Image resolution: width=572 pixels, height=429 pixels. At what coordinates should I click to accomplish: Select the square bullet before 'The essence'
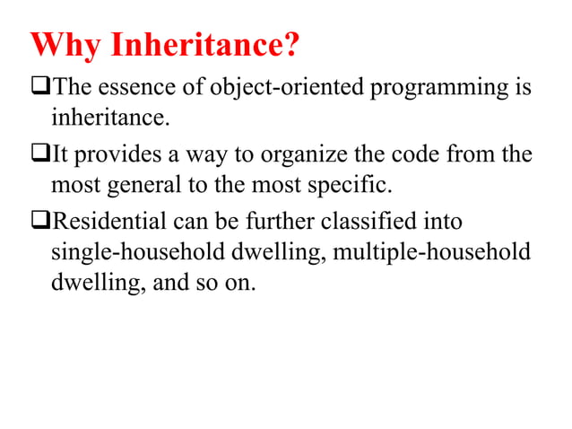point(41,87)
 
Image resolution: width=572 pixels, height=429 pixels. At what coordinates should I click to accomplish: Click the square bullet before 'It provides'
point(41,155)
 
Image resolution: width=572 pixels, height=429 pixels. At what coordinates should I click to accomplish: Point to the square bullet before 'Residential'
point(41,222)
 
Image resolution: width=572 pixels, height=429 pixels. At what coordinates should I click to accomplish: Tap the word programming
point(440,89)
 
